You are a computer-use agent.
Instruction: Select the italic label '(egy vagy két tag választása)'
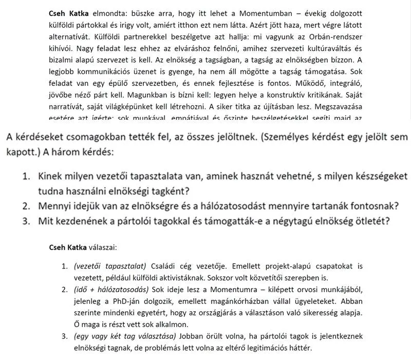point(124,336)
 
